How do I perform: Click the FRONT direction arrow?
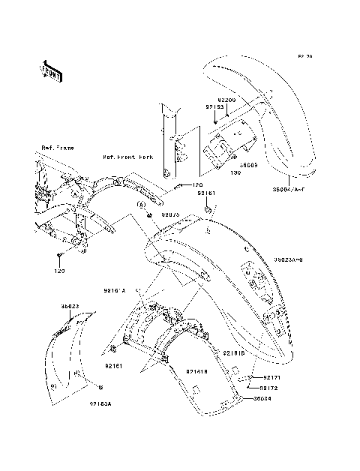(x=50, y=70)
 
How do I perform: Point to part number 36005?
(x=250, y=163)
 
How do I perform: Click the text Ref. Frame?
(x=56, y=147)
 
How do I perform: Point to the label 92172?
(x=270, y=388)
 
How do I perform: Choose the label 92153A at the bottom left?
(x=100, y=404)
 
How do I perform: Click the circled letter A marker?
(x=139, y=203)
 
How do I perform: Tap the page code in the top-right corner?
(x=304, y=56)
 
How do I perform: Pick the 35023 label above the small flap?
(x=70, y=306)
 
